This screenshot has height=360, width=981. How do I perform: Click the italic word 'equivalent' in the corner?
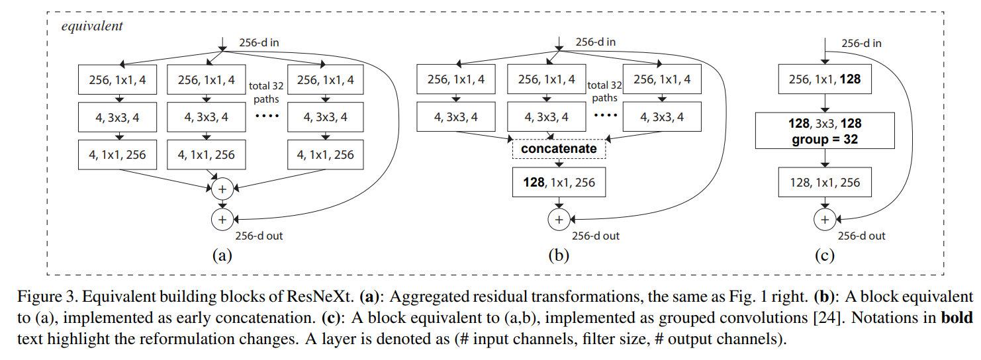(x=92, y=26)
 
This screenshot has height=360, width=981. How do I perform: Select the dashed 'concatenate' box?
(x=559, y=149)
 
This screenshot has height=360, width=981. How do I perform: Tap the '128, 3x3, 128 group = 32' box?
(x=825, y=131)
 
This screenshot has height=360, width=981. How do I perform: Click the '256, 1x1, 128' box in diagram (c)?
(x=825, y=79)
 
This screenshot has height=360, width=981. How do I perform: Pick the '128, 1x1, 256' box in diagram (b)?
(x=559, y=182)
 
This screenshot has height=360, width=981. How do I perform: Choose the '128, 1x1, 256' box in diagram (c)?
(x=825, y=182)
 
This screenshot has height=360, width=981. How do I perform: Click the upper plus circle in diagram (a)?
(x=222, y=189)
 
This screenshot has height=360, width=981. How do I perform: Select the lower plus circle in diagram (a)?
(x=222, y=220)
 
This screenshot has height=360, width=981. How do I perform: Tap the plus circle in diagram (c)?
(x=825, y=220)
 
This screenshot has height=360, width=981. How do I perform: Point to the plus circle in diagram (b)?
(x=559, y=220)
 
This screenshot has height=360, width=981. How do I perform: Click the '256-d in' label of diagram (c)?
(x=861, y=44)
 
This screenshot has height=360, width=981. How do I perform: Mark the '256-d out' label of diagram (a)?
(x=259, y=236)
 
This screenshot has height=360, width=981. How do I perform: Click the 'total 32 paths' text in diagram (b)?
(x=604, y=91)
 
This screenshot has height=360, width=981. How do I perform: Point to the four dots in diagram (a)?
(x=267, y=116)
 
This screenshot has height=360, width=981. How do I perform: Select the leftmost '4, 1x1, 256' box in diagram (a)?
(x=117, y=155)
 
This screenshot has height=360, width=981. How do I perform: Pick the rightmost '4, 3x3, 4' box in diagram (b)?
(x=662, y=117)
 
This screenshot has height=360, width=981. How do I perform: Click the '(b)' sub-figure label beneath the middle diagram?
(x=559, y=255)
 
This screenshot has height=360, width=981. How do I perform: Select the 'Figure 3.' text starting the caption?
(x=48, y=297)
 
